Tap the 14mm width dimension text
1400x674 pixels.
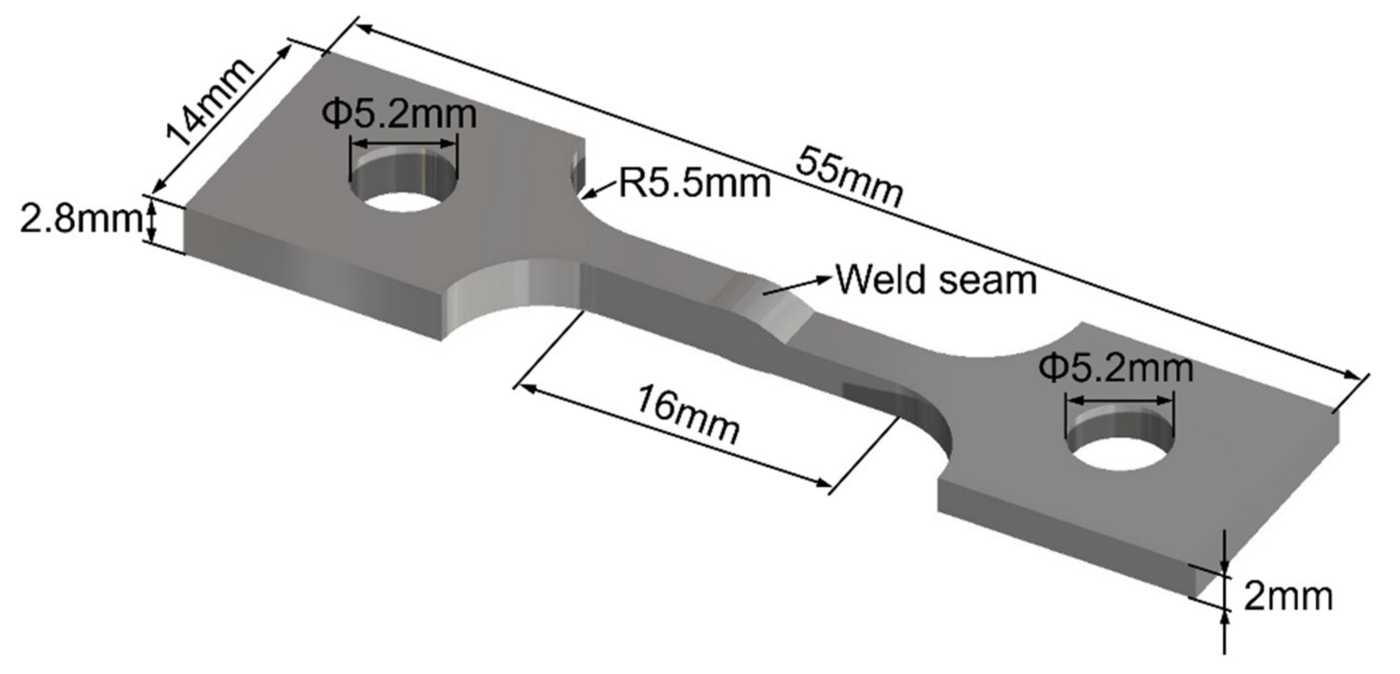208,103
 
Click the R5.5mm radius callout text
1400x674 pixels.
695,184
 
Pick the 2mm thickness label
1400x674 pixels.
1288,597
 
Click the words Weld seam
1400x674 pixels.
936,280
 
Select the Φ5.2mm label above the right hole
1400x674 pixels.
1116,368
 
